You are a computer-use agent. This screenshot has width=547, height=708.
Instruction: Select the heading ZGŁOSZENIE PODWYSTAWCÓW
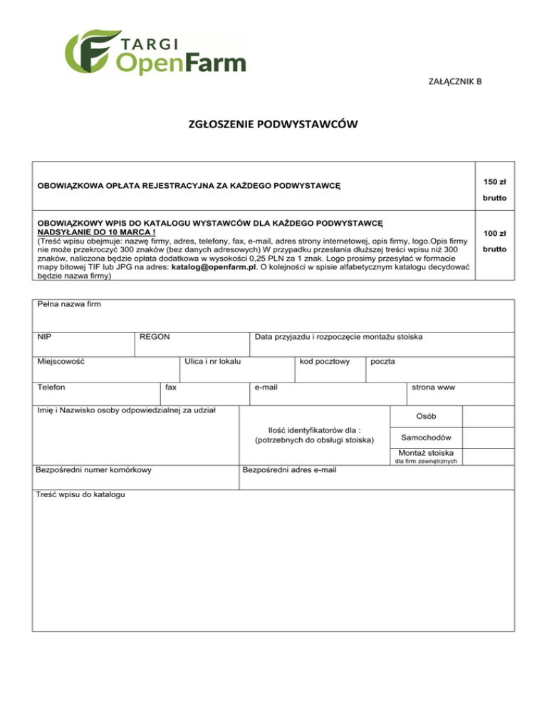(273, 125)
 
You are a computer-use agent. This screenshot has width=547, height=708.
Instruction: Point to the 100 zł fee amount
(494, 233)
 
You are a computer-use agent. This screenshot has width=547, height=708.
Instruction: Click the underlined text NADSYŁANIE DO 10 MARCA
(96, 232)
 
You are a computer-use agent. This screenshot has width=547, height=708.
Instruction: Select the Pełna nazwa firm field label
(68, 305)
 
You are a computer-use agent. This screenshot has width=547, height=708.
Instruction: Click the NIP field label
(45, 336)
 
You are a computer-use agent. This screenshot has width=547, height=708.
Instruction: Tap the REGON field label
(155, 336)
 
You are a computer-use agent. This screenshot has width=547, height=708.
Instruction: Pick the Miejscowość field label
(61, 362)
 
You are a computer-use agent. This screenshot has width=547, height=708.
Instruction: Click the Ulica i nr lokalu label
(212, 362)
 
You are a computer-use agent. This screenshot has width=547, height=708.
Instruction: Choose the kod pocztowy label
(325, 362)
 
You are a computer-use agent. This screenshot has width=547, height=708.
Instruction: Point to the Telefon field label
(52, 387)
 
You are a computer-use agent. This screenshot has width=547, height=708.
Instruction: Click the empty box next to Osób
(488, 416)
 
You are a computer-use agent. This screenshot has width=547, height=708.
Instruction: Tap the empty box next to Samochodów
(488, 437)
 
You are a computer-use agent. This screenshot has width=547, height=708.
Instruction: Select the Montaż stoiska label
(427, 453)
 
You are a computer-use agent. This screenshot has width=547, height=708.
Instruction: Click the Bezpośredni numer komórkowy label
(93, 470)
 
